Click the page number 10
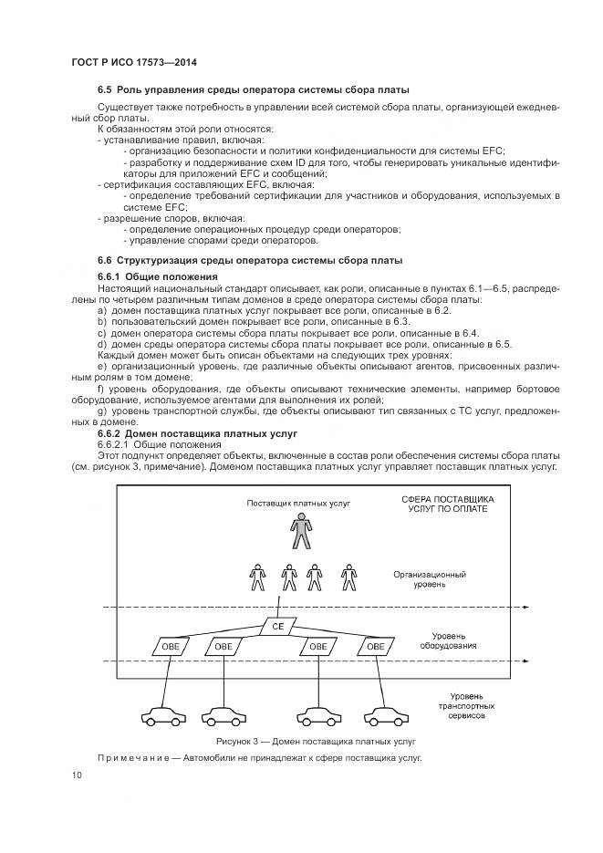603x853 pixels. [x=76, y=775]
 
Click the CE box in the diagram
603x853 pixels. [x=278, y=628]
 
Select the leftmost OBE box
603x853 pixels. [x=170, y=646]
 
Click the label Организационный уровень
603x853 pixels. [x=431, y=579]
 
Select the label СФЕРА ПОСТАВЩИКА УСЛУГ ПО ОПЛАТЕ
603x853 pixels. [x=448, y=505]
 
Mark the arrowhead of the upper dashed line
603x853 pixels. [x=532, y=607]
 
